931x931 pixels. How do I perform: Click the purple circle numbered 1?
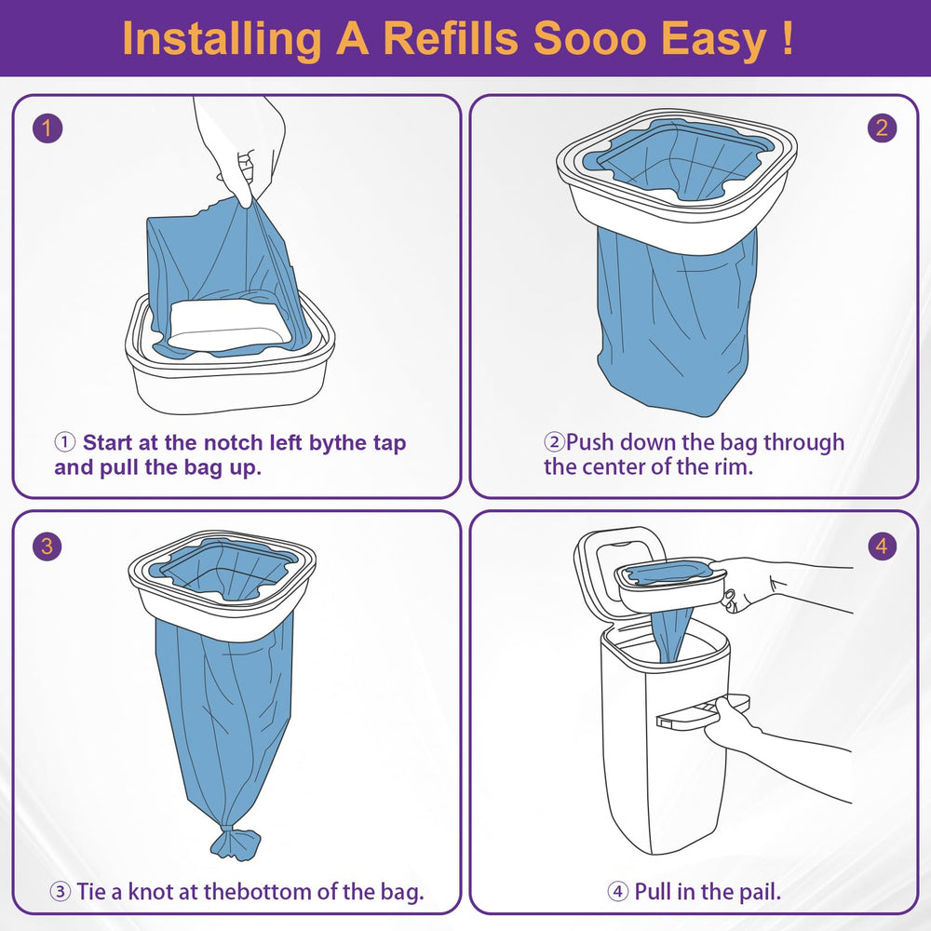pyautogui.click(x=47, y=128)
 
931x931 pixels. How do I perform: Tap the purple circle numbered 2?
pyautogui.click(x=882, y=128)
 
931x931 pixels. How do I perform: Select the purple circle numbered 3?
pyautogui.click(x=47, y=546)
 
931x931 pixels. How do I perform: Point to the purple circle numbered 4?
pyautogui.click(x=882, y=546)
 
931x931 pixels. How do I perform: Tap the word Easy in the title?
pyautogui.click(x=713, y=40)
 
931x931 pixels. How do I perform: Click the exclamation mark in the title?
pyautogui.click(x=788, y=39)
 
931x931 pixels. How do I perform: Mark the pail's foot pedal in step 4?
pyautogui.click(x=702, y=710)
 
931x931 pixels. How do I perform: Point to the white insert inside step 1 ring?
pyautogui.click(x=229, y=325)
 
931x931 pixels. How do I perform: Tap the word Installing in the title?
pyautogui.click(x=221, y=40)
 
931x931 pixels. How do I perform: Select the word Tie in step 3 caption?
pyautogui.click(x=91, y=891)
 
